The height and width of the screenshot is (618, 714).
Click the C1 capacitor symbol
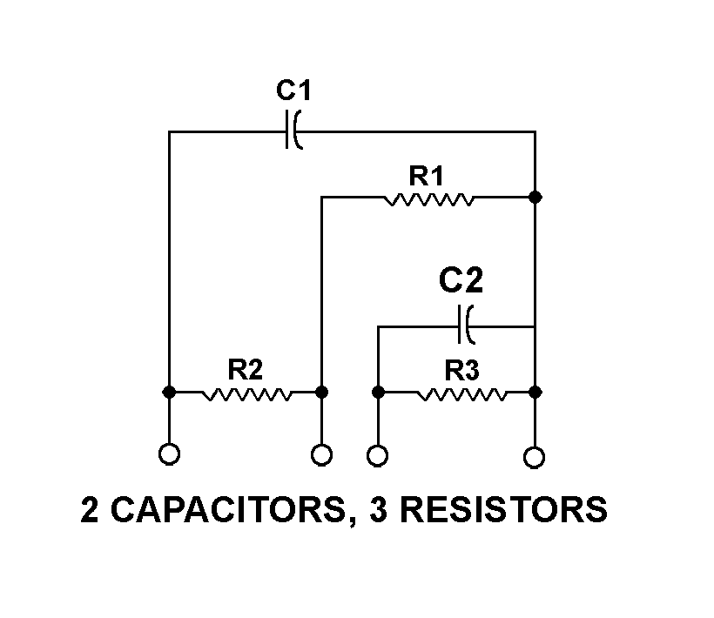point(293,131)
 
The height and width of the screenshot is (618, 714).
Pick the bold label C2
point(460,281)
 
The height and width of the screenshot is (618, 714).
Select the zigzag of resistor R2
point(246,393)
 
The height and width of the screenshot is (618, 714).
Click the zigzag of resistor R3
point(462,393)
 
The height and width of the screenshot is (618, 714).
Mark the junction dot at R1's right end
point(535,198)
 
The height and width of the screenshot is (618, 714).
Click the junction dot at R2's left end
point(170,393)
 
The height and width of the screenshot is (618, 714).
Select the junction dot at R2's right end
point(321,393)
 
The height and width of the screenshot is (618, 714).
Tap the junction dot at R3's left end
point(378,393)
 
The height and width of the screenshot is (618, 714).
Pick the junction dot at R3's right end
point(535,393)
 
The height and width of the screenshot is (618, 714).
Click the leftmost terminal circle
point(170,453)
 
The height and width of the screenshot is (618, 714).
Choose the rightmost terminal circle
point(535,455)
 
